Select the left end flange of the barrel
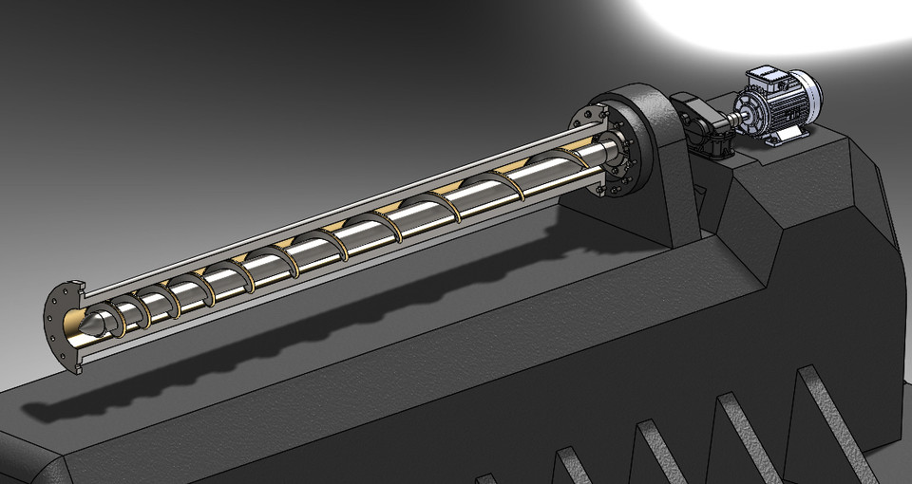pos(62,323)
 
